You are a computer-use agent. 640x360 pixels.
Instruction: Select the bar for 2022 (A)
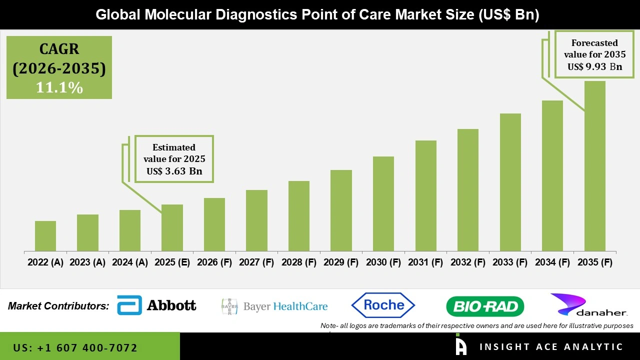click(45, 236)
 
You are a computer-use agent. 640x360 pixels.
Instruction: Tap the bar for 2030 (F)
click(383, 204)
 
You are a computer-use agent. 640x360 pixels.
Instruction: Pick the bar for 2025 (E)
click(172, 228)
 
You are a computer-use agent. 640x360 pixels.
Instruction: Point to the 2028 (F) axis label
click(299, 262)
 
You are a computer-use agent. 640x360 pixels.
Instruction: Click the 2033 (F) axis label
click(510, 262)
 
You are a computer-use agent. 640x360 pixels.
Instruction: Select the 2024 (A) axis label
click(130, 262)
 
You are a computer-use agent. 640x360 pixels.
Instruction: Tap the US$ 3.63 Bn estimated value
click(174, 171)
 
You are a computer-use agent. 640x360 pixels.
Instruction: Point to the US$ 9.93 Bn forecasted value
click(594, 66)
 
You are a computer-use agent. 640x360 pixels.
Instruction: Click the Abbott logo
click(156, 305)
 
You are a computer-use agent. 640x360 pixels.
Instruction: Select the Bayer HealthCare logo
click(274, 306)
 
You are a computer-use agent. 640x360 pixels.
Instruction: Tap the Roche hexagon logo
click(383, 305)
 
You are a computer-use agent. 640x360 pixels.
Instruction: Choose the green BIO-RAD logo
click(484, 306)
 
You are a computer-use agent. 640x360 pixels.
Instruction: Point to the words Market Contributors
click(58, 306)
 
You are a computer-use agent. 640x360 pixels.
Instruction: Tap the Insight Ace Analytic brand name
click(551, 347)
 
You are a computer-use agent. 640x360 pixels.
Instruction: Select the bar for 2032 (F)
click(468, 190)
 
